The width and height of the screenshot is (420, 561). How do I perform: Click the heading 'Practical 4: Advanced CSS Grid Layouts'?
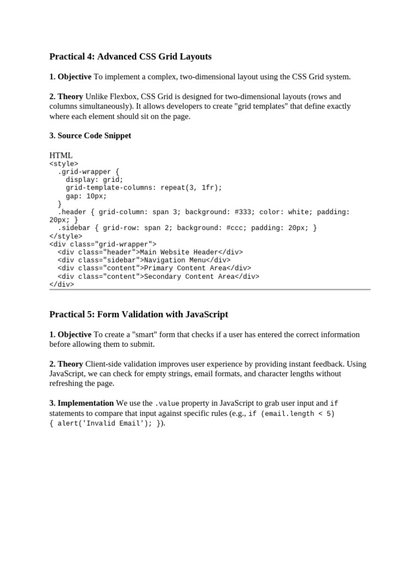coord(130,56)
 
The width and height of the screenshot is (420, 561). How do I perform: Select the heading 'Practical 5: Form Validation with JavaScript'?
coord(138,314)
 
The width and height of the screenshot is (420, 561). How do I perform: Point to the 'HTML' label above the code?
coord(61,156)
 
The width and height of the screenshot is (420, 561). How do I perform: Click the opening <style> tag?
coord(63,163)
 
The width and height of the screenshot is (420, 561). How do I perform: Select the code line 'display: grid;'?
coord(95,180)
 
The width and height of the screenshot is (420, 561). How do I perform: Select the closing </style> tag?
coord(66,236)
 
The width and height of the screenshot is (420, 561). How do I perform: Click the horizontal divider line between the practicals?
coord(209,289)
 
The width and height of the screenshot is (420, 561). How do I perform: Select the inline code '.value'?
coord(167,404)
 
